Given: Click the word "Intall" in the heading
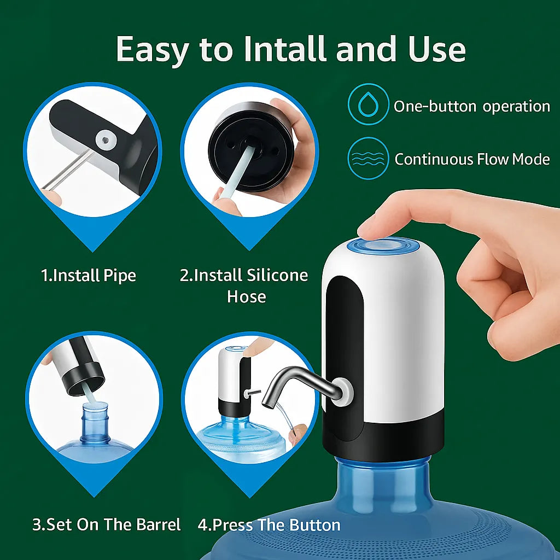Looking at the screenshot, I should (x=285, y=49).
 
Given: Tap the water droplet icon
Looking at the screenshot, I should (x=368, y=104).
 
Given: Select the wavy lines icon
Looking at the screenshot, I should (x=368, y=158).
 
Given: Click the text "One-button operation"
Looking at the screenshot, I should (x=471, y=106).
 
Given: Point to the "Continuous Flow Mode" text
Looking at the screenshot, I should (x=471, y=159).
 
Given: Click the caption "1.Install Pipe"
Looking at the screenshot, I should (x=89, y=275).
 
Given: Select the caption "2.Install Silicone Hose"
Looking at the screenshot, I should (x=244, y=285).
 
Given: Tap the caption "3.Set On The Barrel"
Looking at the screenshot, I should (x=106, y=525).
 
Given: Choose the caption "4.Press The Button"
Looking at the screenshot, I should (x=269, y=525).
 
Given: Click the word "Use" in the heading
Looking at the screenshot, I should (x=436, y=49).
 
